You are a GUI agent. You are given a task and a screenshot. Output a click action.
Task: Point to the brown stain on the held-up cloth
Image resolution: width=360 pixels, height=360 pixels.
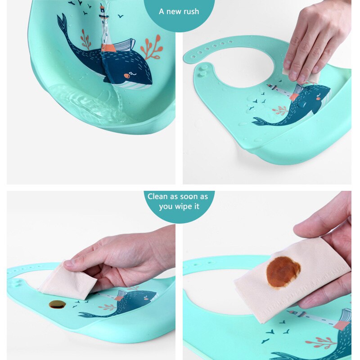click(x=283, y=272)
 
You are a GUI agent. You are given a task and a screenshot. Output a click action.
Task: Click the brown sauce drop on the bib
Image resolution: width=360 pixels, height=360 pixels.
click(x=57, y=304)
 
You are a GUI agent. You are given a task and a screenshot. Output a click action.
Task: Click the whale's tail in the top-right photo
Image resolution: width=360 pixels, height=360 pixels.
click(x=260, y=121)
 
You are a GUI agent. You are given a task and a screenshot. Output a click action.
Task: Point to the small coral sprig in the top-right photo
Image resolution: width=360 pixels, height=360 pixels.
click(x=280, y=109)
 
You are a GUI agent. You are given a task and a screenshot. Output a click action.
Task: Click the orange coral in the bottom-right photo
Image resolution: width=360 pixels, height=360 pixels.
click(x=321, y=342)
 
